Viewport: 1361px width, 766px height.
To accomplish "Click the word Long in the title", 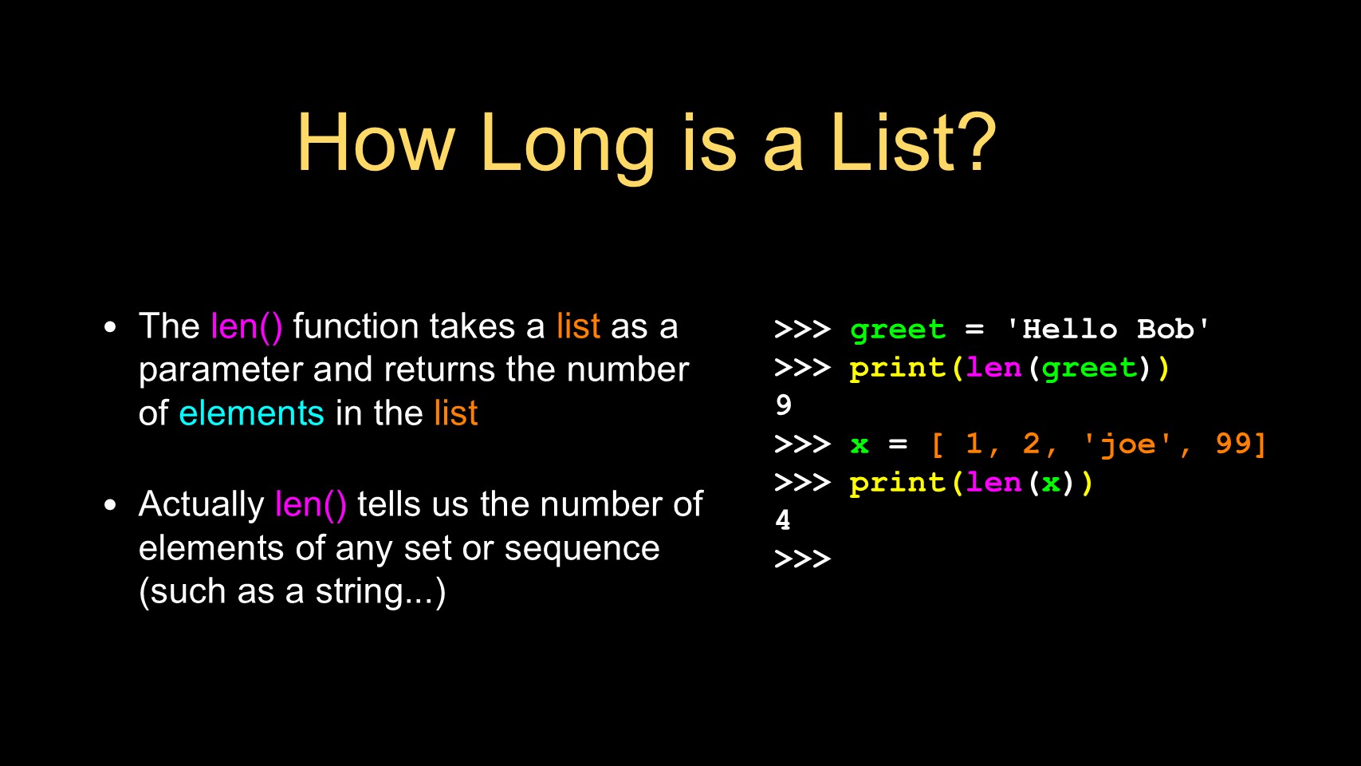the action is pos(568,146).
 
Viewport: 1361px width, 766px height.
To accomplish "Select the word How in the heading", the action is pos(376,142).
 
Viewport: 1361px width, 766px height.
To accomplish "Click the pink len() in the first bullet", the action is pos(246,327).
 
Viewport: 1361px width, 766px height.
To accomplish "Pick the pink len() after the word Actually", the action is pos(311,505).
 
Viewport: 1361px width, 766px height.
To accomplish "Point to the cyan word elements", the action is pos(251,413).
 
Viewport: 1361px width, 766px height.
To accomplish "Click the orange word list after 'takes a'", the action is pos(578,326).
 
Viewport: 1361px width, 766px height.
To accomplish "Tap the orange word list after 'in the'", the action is pos(456,413).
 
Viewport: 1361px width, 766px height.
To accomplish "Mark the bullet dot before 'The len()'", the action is pos(110,328).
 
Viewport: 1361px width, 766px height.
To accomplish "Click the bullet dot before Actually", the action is pos(110,505).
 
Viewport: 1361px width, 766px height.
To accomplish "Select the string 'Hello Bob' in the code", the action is pos(1107,329).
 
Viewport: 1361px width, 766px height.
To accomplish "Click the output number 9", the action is pos(784,405).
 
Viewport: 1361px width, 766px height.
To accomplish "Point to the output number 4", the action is pos(783,519).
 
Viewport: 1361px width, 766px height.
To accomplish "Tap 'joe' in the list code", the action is pos(1127,444).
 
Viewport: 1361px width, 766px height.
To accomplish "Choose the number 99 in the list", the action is pos(1233,443).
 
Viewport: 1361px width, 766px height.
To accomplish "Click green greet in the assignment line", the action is pos(898,330).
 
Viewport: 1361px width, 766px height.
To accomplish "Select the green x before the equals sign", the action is pos(859,445).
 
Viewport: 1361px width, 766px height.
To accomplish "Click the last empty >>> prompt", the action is pos(803,559).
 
